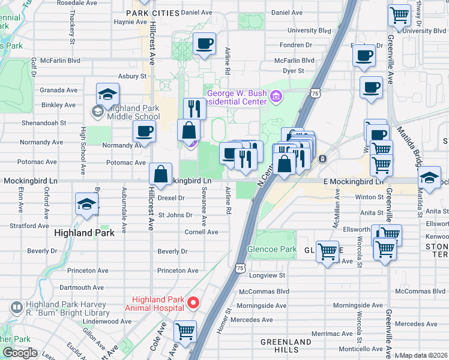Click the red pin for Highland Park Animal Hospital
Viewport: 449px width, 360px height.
pyautogui.click(x=193, y=303)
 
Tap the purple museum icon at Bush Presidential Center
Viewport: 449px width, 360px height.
pyautogui.click(x=276, y=96)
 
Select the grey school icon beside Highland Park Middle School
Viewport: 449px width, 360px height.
pyautogui.click(x=97, y=112)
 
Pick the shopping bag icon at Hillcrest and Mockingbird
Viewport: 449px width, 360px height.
pyautogui.click(x=161, y=175)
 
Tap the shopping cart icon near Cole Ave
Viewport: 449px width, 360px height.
pyautogui.click(x=185, y=330)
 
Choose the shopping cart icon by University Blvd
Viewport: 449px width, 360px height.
pyautogui.click(x=400, y=15)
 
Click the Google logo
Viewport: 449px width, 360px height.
pyautogui.click(x=20, y=353)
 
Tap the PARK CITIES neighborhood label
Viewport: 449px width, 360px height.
pyautogui.click(x=153, y=13)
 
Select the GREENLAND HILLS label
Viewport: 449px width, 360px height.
pyautogui.click(x=286, y=346)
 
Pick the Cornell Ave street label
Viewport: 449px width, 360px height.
pyautogui.click(x=201, y=232)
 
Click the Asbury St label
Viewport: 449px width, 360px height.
pyautogui.click(x=132, y=76)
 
